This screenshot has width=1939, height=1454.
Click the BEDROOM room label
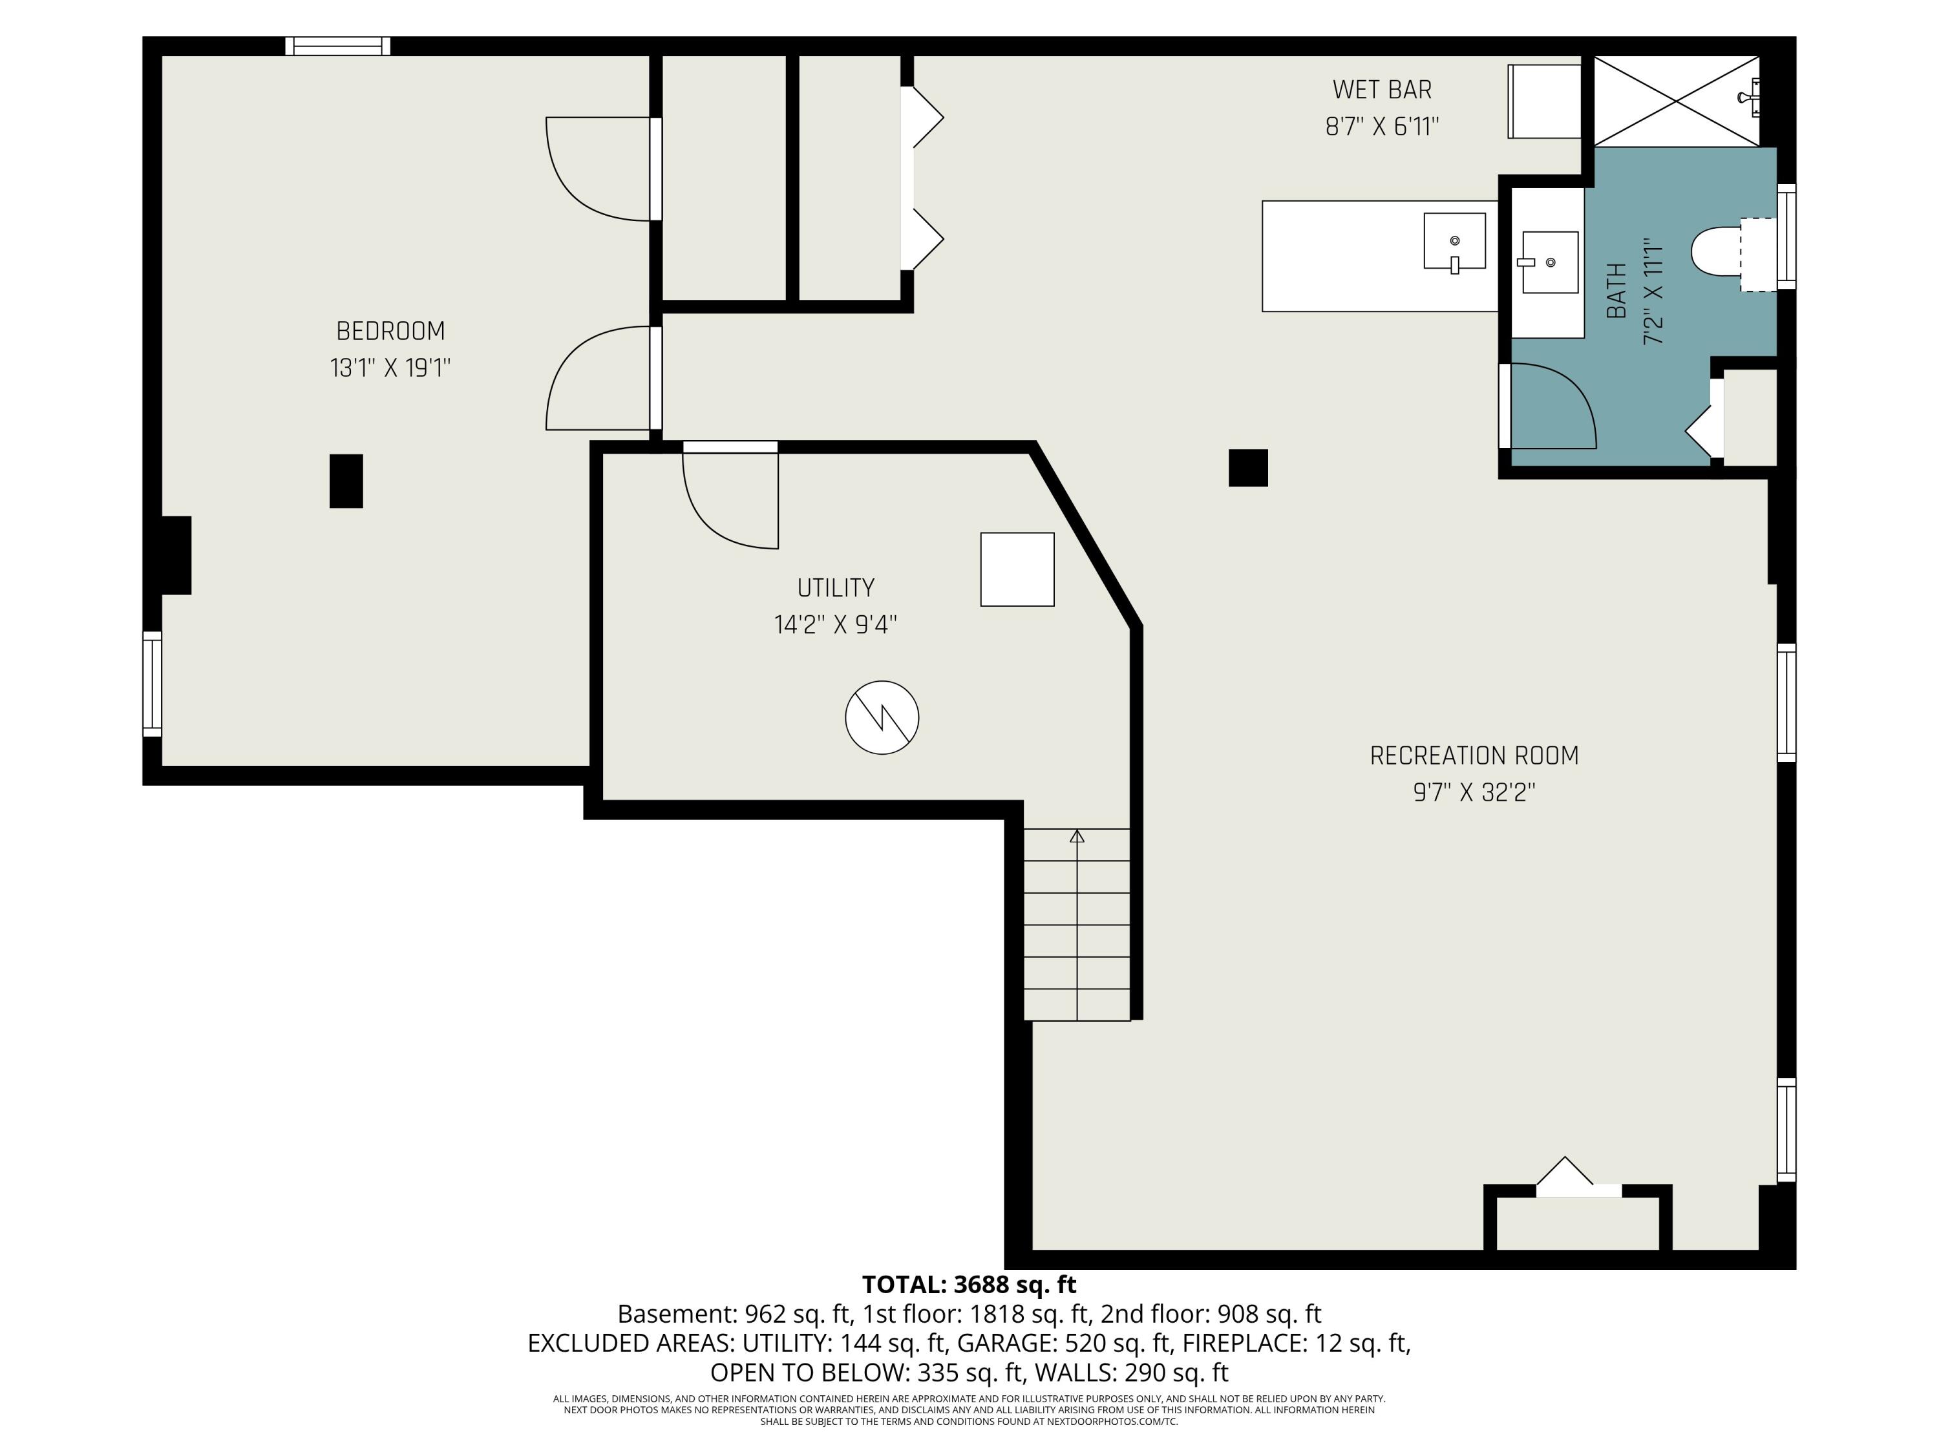[x=390, y=332]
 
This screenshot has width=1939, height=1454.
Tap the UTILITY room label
[x=835, y=587]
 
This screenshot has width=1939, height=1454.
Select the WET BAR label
[x=1383, y=89]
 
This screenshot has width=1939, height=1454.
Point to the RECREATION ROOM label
[x=1474, y=755]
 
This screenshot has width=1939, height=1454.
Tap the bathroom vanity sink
[x=1550, y=262]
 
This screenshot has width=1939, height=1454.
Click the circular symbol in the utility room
[x=882, y=717]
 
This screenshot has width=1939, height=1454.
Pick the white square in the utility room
[x=1017, y=569]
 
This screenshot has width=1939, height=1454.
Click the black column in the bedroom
[x=346, y=480]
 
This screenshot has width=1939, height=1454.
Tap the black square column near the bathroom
[x=1248, y=467]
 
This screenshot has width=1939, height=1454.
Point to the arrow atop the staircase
[x=1077, y=836]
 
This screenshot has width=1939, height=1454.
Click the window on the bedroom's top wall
[x=337, y=46]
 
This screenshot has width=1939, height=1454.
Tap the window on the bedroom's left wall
[x=153, y=684]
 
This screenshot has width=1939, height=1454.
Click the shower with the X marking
[x=1676, y=101]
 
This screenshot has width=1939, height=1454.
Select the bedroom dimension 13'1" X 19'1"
[x=390, y=367]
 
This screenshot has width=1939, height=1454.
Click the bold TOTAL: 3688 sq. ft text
[x=969, y=1285]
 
